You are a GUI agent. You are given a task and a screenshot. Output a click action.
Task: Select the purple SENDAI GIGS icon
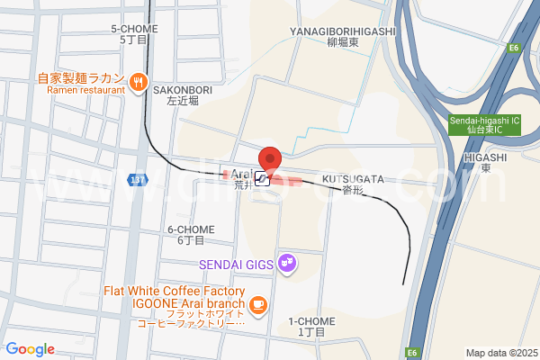pyautogui.click(x=287, y=263)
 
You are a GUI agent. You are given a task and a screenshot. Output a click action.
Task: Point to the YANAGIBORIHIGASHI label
pyautogui.click(x=342, y=37)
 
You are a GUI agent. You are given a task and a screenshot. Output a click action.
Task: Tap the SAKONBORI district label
pyautogui.click(x=181, y=96)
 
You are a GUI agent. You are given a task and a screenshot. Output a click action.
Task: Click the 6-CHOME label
pyautogui.click(x=191, y=235)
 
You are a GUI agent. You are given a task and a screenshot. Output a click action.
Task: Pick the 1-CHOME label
pyautogui.click(x=311, y=327)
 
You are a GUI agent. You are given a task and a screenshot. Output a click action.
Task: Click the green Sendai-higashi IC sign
pyautogui.click(x=485, y=124)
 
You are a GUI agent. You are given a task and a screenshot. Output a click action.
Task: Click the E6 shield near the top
pyautogui.click(x=515, y=48)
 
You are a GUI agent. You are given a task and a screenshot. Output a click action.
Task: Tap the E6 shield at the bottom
pyautogui.click(x=413, y=352)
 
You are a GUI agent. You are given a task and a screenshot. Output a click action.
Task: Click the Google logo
pyautogui.click(x=30, y=349)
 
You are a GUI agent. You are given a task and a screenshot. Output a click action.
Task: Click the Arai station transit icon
pyautogui.click(x=263, y=178)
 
